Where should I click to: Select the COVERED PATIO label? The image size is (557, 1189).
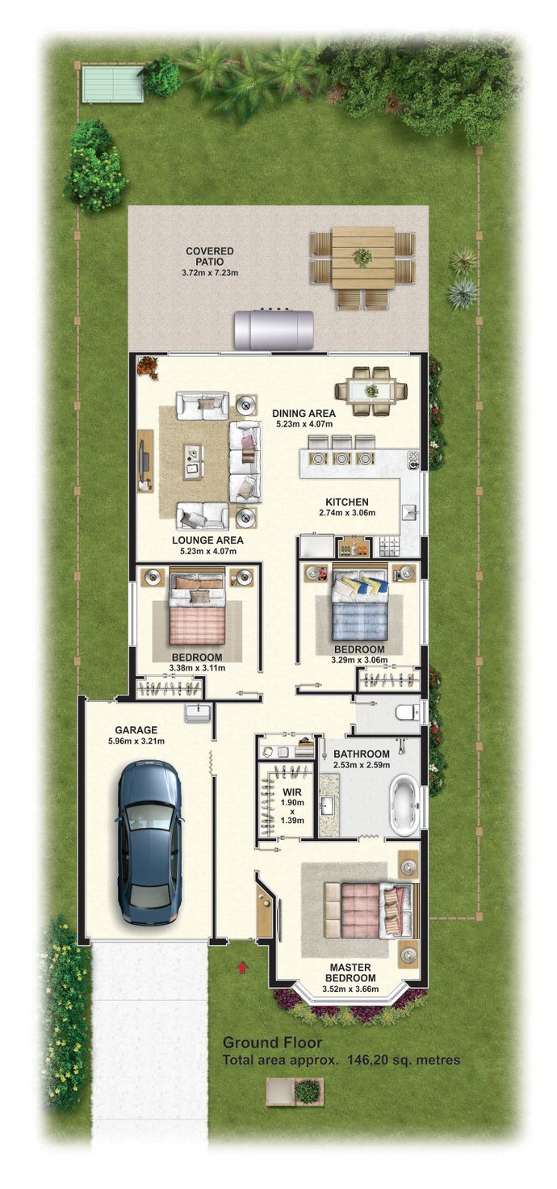(x=209, y=256)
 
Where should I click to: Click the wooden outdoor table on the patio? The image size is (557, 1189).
(x=362, y=258)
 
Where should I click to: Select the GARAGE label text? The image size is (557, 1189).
(x=136, y=730)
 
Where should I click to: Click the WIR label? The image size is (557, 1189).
(x=291, y=792)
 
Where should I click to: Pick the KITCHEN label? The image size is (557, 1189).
(x=346, y=502)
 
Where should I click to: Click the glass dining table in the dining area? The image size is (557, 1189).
(x=371, y=391)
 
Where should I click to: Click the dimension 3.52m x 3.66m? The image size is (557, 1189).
(x=350, y=989)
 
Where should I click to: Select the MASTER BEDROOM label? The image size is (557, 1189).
(x=350, y=973)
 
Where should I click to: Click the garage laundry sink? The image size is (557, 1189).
(x=198, y=712)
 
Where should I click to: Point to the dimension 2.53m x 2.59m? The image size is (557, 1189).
(x=362, y=765)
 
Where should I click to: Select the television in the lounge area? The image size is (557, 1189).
(x=144, y=460)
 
